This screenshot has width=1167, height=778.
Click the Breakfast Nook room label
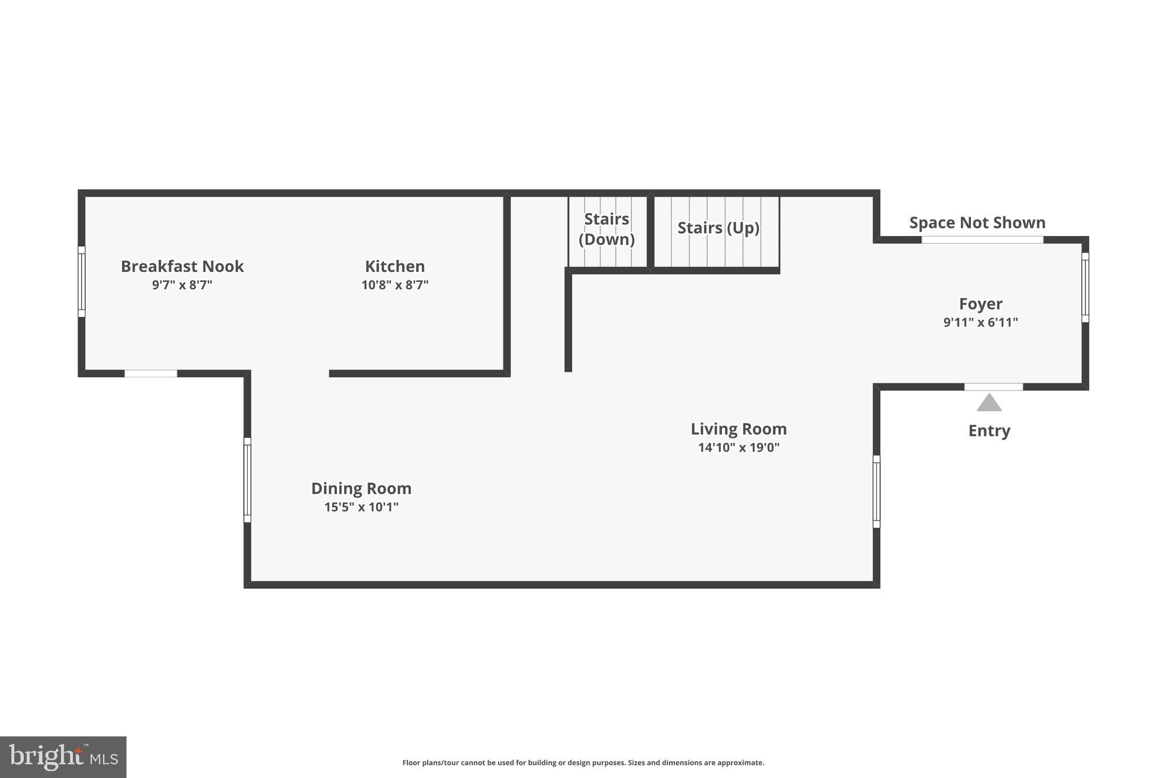182,266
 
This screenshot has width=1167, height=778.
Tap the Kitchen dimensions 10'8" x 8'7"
395,285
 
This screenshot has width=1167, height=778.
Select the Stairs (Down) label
606,229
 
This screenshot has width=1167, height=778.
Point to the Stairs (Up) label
718,228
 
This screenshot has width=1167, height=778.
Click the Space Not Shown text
977,222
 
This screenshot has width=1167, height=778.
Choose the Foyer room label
980,304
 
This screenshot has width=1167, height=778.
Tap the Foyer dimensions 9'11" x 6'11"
980,323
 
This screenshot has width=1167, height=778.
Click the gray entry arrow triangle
989,404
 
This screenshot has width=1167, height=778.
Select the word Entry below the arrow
989,431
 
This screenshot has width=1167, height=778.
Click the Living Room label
738,429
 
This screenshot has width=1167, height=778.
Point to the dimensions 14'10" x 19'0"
738,447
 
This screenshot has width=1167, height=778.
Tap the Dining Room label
361,488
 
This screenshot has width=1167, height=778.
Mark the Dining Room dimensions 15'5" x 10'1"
361,507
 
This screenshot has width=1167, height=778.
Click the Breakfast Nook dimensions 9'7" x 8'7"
182,285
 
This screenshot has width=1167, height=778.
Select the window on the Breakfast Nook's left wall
81,282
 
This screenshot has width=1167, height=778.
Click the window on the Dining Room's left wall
247,480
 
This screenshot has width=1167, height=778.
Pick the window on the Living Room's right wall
876,491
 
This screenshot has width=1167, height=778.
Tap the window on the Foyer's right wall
1085,287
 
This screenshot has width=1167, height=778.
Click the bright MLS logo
63,757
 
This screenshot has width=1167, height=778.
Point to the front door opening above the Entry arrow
993,387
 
